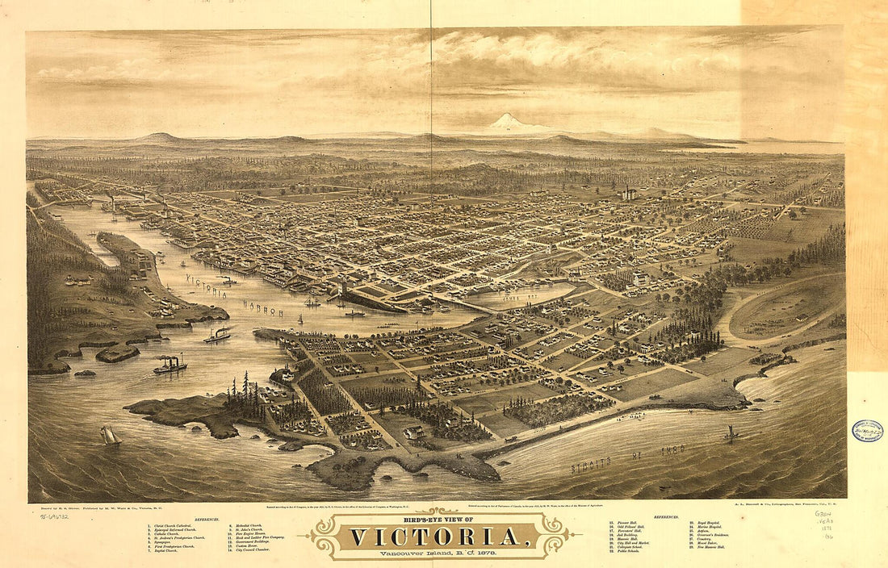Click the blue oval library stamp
[x=867, y=431]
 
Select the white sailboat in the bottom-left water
[x=110, y=436]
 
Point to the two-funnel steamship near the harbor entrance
[x=170, y=365]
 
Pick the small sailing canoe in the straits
[x=731, y=434]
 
